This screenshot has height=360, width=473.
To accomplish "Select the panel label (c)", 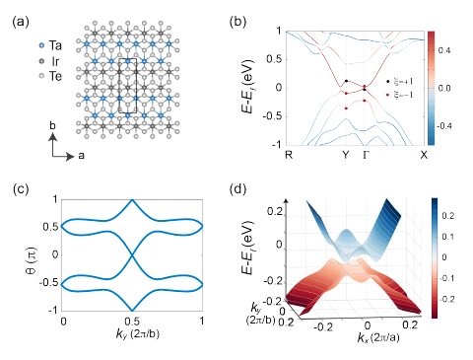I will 20,180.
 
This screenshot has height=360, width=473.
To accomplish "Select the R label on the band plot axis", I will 288,155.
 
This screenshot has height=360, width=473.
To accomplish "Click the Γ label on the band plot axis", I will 367,155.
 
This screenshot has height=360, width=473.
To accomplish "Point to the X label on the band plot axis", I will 424,155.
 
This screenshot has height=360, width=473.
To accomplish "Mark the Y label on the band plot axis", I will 346,155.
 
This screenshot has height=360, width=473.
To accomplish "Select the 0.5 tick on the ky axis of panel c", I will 132,322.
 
